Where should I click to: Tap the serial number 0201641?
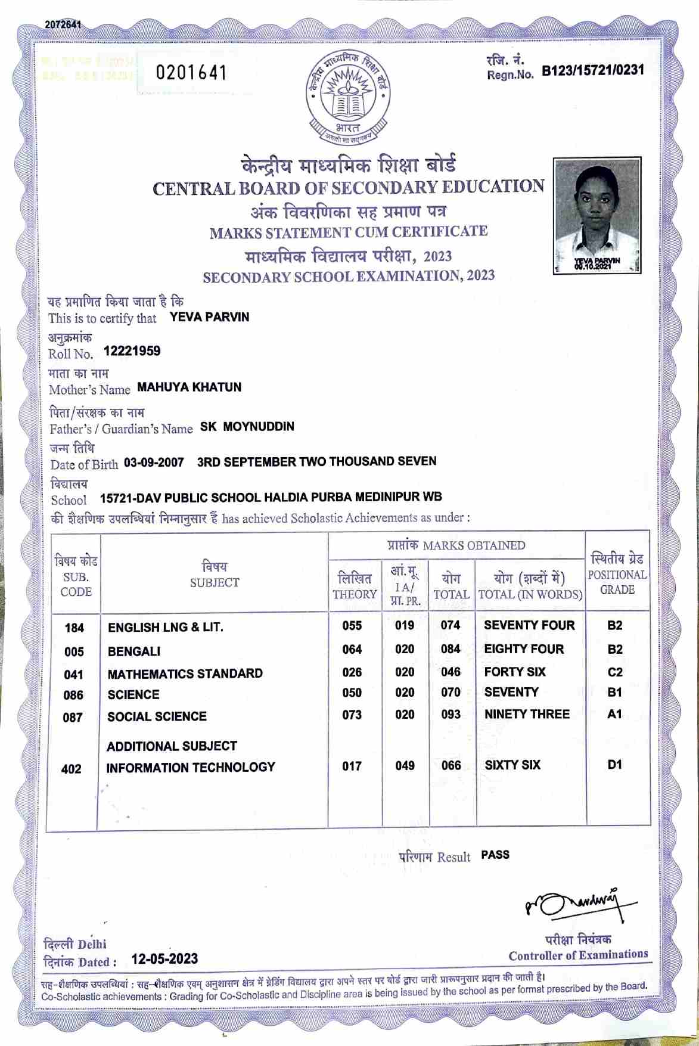click(191, 73)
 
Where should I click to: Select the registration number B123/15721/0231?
click(592, 71)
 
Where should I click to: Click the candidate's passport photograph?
click(597, 215)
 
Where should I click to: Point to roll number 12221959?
click(132, 351)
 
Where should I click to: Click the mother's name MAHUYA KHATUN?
click(189, 387)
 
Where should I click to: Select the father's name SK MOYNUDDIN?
click(247, 427)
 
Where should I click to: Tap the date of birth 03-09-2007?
click(154, 463)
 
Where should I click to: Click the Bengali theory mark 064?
click(352, 649)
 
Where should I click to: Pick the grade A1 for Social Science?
click(614, 714)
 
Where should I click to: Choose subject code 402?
click(72, 769)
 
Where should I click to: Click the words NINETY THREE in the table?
click(527, 714)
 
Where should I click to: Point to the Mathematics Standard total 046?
click(451, 672)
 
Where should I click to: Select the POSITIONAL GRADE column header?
click(617, 575)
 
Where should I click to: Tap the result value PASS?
click(495, 855)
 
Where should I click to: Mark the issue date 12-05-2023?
click(164, 959)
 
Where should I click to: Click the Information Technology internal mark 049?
click(405, 765)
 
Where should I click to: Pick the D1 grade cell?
click(614, 764)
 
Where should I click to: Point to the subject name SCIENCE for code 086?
click(133, 695)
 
